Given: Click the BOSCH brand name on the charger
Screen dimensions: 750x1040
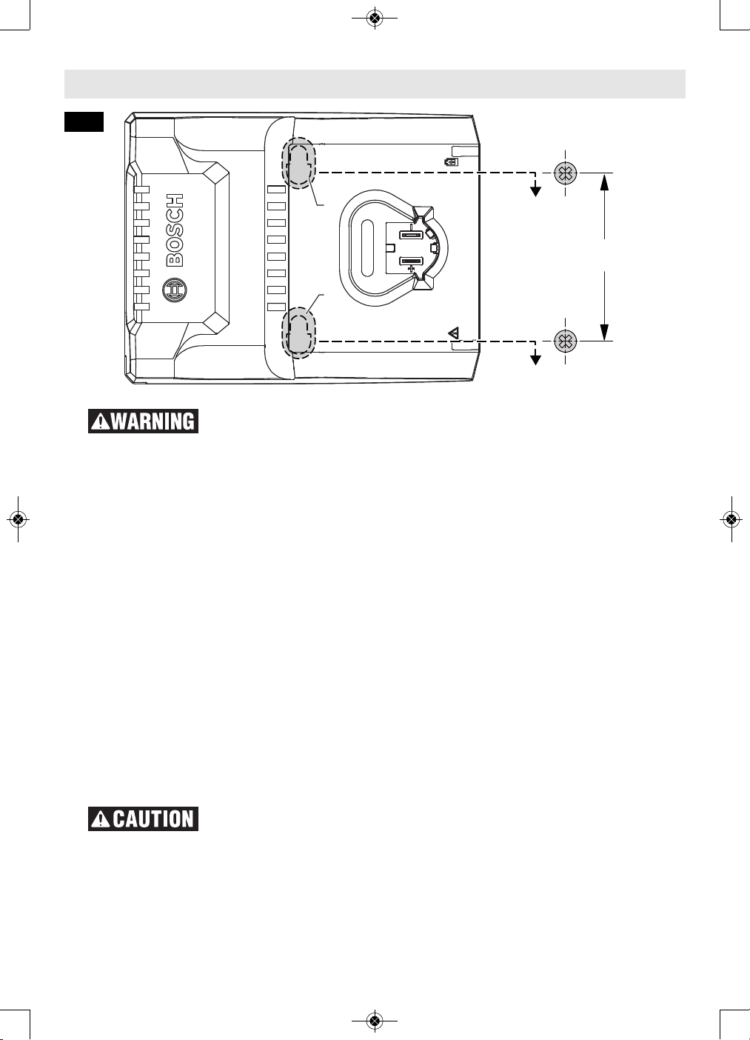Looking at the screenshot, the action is (x=175, y=230).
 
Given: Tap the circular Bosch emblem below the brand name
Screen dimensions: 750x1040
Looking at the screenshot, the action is (x=174, y=290).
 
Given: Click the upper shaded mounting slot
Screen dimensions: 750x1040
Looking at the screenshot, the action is (x=298, y=162).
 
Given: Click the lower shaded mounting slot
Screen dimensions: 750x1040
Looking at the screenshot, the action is (x=298, y=333).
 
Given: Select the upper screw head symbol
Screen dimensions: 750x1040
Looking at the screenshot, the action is (x=566, y=173).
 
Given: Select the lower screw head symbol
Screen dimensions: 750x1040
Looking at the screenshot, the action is (x=566, y=341).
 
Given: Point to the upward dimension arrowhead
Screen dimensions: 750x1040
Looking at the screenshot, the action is (x=604, y=182).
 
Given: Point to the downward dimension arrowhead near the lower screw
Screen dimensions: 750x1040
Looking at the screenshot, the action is (x=604, y=332).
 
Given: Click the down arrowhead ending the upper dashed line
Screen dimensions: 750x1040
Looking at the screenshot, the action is (x=536, y=191).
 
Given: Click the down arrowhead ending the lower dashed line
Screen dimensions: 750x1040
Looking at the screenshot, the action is (x=536, y=359).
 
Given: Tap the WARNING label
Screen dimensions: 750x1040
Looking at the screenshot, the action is (x=144, y=421).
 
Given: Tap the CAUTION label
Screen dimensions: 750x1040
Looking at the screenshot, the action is (x=144, y=819).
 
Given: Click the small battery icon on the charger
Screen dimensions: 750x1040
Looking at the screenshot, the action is (x=451, y=162).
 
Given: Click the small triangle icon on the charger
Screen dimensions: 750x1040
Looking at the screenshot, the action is (x=454, y=333).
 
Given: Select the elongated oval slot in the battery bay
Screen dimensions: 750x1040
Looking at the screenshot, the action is (x=367, y=248).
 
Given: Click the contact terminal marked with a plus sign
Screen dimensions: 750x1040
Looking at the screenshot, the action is (x=411, y=262).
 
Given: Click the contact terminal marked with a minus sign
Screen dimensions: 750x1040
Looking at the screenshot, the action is (x=411, y=235).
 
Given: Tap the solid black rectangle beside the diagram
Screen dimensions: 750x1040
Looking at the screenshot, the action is (x=84, y=121).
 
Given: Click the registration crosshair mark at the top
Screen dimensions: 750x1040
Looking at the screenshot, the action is (x=375, y=18).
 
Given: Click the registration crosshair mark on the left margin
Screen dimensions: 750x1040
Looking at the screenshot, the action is (x=18, y=519).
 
